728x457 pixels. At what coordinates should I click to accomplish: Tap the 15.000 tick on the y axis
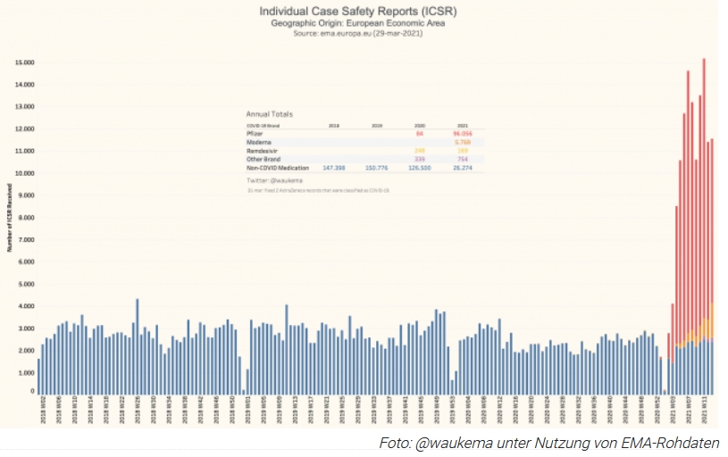[x=23, y=62]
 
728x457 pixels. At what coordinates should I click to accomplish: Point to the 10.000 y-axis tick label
[x=23, y=173]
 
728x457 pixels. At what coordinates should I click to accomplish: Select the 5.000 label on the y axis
[x=25, y=284]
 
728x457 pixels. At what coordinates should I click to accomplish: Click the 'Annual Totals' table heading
[x=269, y=114]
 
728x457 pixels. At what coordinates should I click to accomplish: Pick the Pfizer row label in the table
[x=254, y=133]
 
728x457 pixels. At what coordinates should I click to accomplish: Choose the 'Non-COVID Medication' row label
[x=277, y=168]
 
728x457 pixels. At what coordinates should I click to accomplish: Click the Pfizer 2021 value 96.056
[x=462, y=133]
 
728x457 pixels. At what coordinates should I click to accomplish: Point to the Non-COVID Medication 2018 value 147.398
[x=333, y=168]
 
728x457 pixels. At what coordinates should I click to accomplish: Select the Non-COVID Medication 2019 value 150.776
[x=376, y=168]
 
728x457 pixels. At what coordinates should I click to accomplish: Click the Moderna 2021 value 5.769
[x=462, y=142]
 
